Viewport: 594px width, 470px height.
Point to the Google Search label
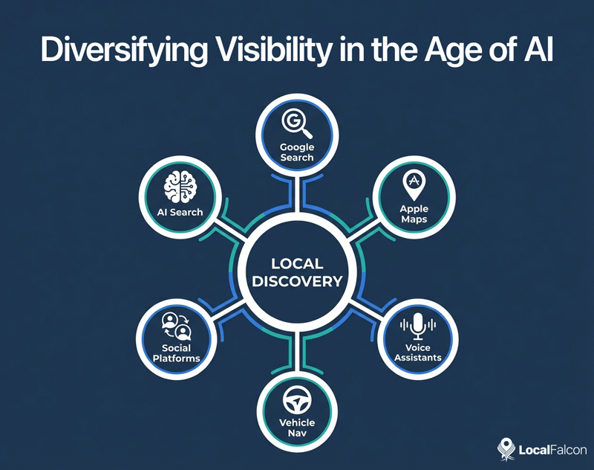(296, 152)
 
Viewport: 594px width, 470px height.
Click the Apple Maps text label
(412, 214)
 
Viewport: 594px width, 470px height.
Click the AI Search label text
(180, 213)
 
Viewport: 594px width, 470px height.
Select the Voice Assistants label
(418, 352)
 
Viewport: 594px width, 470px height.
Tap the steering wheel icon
(296, 399)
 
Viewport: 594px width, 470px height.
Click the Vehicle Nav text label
(296, 428)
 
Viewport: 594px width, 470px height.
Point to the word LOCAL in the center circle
(297, 264)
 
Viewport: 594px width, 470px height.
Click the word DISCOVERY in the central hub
(297, 282)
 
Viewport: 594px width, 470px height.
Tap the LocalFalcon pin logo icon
(506, 448)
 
